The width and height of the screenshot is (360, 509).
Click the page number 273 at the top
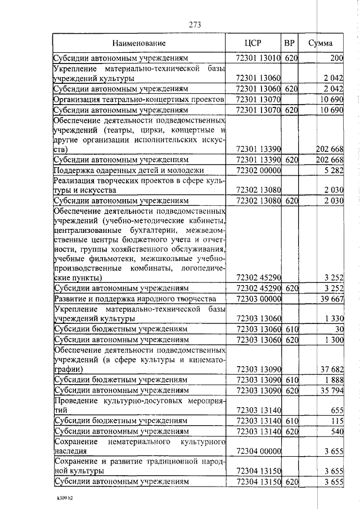point(195,24)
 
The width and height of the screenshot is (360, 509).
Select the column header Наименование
point(139,43)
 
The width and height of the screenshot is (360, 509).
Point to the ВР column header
point(289,43)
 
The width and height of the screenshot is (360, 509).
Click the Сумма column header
point(323,43)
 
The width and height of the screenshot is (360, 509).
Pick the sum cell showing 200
point(336,58)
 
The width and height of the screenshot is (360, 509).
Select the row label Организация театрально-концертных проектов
point(139,99)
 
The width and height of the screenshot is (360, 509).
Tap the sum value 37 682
point(331,369)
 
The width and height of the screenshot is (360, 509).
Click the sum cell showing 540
point(336,431)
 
